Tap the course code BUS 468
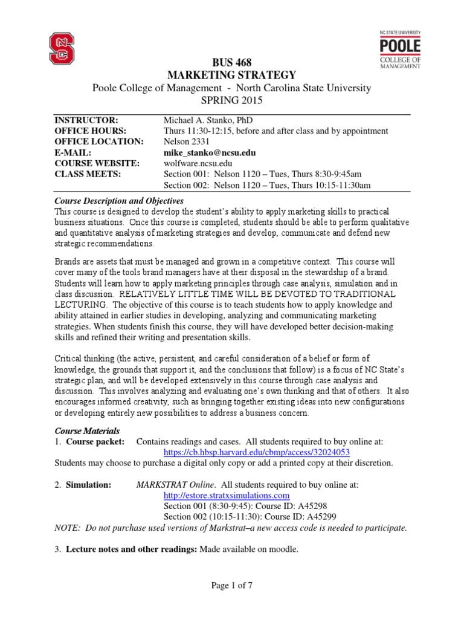click(x=232, y=63)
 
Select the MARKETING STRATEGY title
click(x=232, y=75)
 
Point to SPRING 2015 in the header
click(x=232, y=100)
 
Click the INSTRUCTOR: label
click(x=83, y=120)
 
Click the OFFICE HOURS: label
click(x=90, y=131)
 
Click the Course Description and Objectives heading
click(x=119, y=201)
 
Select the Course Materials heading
click(x=87, y=431)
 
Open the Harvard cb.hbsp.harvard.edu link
click(x=257, y=452)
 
